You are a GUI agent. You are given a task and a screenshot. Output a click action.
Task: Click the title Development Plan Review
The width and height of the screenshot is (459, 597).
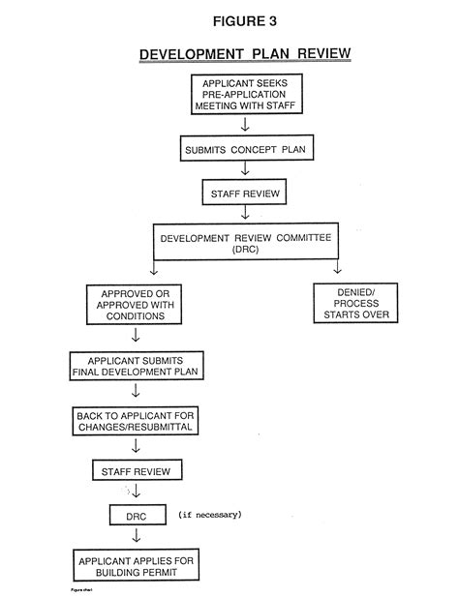(245, 54)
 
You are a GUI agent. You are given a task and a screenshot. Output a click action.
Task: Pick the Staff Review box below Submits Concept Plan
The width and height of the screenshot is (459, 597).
(245, 194)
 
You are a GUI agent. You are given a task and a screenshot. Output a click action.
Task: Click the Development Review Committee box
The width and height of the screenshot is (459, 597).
(244, 242)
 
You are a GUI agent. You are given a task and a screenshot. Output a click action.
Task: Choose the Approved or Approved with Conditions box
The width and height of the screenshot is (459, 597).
(135, 304)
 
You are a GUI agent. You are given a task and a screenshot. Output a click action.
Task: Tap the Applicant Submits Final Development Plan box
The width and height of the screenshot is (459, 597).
(135, 364)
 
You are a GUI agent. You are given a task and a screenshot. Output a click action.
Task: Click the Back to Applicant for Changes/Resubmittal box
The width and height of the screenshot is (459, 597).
(135, 421)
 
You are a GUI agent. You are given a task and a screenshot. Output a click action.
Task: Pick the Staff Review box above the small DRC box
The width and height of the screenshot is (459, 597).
(136, 471)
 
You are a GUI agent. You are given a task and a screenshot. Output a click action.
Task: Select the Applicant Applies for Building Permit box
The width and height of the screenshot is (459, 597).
(135, 565)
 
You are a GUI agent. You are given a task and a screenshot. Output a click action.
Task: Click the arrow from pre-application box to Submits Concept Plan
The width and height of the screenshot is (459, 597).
(245, 125)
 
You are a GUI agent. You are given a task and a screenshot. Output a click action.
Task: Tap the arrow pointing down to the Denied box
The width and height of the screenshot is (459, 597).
(338, 268)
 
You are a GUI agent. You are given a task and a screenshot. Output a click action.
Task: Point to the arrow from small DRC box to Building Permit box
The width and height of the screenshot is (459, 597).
(136, 535)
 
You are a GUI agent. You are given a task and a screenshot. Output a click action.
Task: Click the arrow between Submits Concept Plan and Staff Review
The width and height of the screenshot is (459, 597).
(245, 170)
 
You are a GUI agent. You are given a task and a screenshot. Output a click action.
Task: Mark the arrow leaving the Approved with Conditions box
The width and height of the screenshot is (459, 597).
(136, 336)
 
